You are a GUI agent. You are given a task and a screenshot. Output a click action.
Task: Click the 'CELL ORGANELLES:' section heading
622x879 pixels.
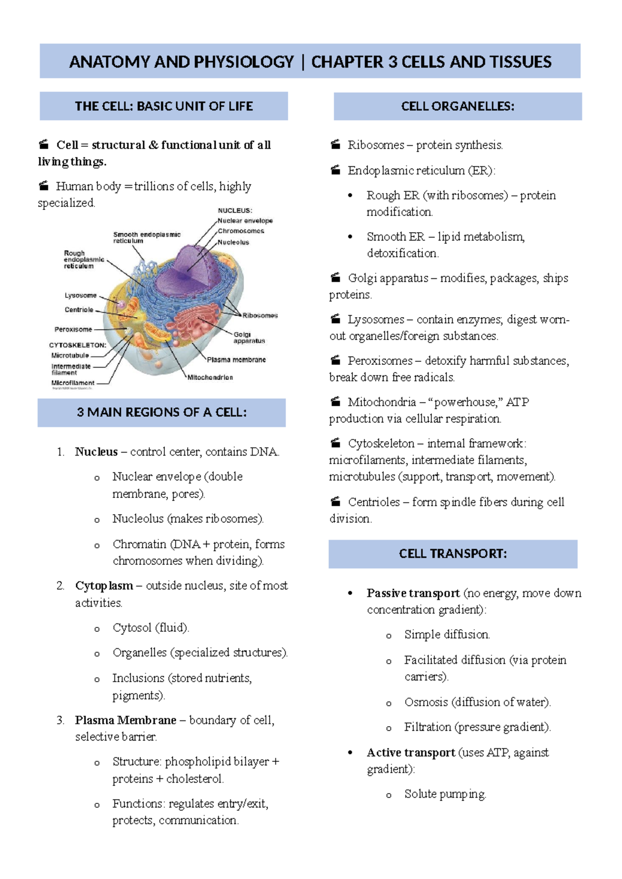point(458,106)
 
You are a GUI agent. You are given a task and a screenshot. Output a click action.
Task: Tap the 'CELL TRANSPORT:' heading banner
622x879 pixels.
point(453,554)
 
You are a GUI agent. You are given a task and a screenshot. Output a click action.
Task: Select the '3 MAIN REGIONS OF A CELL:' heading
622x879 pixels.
point(162,413)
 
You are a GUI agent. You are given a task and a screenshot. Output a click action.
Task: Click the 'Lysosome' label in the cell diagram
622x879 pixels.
point(80,295)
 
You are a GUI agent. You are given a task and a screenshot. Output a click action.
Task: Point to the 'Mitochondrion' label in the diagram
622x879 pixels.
point(210,377)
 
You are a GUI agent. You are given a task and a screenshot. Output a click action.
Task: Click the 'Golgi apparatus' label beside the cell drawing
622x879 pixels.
point(249,338)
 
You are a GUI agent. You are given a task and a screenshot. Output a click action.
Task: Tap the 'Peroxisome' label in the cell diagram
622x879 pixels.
point(73,329)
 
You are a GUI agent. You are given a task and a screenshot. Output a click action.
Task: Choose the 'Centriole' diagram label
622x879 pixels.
point(79,309)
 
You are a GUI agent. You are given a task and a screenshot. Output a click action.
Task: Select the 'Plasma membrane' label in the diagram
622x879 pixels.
point(236,360)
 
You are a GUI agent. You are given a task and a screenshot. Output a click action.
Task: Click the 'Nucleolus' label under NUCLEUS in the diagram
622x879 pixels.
point(233,242)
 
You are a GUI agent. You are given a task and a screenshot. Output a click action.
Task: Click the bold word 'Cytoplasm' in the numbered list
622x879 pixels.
point(104,586)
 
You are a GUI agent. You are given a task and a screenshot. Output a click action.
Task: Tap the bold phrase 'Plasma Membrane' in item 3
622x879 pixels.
point(125,720)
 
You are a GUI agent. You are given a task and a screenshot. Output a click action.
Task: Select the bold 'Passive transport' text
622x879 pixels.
point(413,593)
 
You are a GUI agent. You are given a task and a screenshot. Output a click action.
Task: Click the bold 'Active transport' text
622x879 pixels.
point(411,753)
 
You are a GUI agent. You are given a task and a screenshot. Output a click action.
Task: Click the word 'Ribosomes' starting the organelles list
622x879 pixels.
point(376,145)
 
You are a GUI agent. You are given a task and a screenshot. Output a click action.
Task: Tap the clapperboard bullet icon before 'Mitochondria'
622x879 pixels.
point(336,402)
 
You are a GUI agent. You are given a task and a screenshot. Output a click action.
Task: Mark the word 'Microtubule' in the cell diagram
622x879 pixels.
point(70,356)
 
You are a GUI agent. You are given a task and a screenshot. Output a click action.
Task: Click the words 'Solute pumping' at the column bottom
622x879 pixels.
point(445,794)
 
